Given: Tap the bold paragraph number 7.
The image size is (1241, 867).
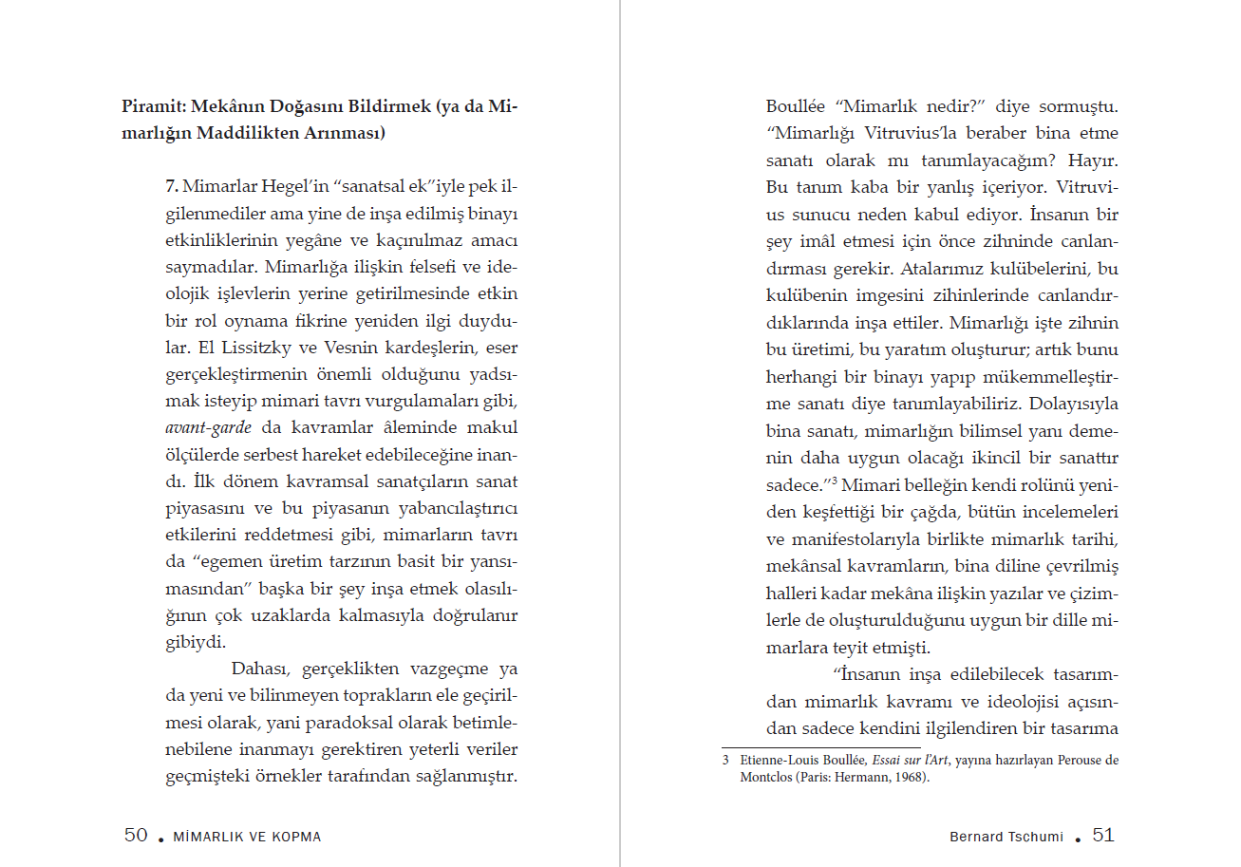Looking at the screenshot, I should [x=173, y=183].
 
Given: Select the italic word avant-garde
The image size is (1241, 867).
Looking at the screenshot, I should [x=202, y=428].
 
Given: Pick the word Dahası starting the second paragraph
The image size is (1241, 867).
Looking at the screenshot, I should [x=260, y=668].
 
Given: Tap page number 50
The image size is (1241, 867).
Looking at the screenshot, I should [x=136, y=836].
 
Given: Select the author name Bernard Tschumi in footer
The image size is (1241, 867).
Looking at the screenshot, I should [x=1006, y=837].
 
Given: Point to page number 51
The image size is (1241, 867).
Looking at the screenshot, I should [x=1103, y=836].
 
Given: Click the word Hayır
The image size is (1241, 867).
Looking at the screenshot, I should [x=1097, y=160].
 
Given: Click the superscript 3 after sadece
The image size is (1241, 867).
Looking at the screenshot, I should [x=835, y=480].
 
